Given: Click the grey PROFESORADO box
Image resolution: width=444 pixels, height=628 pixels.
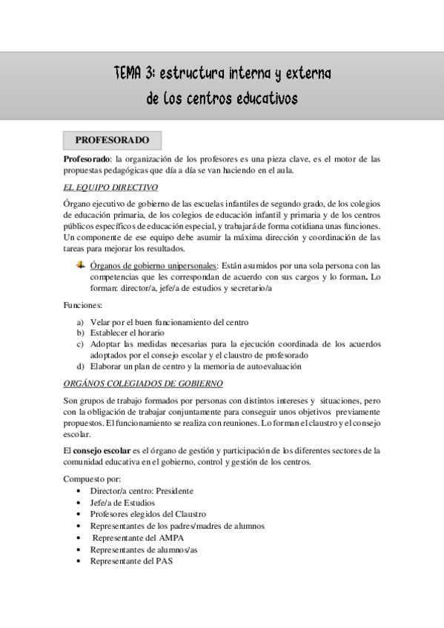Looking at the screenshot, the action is point(112,140).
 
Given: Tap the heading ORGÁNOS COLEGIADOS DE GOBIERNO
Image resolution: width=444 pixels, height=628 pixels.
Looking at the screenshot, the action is point(143,383).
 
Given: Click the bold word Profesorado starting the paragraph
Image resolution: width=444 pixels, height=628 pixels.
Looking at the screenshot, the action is point(86,158).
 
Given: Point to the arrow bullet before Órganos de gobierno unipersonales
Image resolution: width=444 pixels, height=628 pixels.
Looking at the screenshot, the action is point(81,264).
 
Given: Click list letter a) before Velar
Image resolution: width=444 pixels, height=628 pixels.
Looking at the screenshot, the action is point(80,322).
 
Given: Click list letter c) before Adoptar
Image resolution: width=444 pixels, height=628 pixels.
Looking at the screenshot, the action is point(80,344).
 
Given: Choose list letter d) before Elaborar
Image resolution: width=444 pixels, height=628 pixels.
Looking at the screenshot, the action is point(80,365).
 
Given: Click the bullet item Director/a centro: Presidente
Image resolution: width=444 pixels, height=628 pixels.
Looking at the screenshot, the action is point(142,491).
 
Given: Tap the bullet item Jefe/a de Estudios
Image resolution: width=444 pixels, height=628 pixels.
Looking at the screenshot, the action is point(122,503).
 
